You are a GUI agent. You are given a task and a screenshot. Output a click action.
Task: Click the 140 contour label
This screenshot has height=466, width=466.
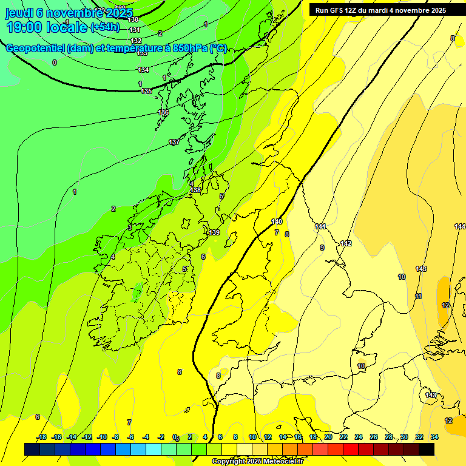click(x=277, y=221)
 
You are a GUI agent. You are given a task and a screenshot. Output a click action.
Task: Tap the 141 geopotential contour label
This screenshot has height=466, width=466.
click(x=320, y=226)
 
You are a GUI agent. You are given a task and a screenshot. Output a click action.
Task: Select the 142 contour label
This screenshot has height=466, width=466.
click(x=346, y=243)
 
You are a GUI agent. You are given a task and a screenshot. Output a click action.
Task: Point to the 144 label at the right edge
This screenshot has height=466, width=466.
click(x=460, y=226)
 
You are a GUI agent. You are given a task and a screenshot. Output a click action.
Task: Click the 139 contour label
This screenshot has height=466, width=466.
click(x=214, y=232)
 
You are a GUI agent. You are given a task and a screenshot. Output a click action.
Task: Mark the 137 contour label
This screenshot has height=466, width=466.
click(x=174, y=142)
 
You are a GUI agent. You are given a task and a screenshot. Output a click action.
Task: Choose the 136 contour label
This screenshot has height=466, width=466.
click(x=163, y=113)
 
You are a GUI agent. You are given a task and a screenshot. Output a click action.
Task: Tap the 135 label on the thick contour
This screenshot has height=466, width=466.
click(x=146, y=91)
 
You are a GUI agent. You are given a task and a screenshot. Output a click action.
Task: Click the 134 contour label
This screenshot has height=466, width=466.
click(x=143, y=70)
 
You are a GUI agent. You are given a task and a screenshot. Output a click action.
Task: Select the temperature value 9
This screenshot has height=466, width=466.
click(x=322, y=248)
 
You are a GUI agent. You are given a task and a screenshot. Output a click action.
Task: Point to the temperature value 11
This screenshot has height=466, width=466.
click(x=418, y=296)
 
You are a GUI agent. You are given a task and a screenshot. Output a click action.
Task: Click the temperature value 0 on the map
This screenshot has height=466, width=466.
click(x=55, y=62)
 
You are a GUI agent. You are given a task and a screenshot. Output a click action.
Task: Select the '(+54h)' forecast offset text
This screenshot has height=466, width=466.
click(x=105, y=27)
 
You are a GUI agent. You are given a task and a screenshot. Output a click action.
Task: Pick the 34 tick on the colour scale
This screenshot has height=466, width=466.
click(x=434, y=437)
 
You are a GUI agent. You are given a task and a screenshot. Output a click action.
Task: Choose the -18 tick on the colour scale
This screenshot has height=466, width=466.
click(x=42, y=437)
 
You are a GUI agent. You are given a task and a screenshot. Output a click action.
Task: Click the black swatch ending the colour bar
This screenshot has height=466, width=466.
click(x=427, y=450)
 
